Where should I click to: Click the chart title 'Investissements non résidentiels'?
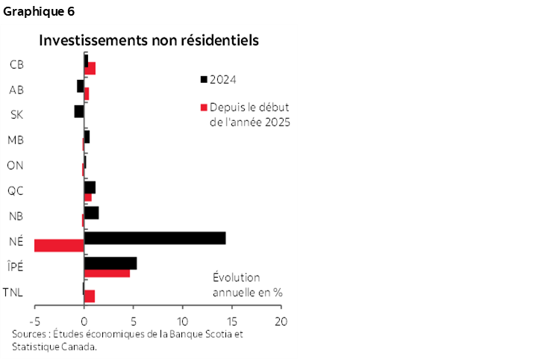tap(149, 40)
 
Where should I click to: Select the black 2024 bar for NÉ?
tap(154, 238)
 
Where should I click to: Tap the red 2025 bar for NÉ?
tap(59, 245)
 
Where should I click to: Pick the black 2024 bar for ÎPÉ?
tap(110, 263)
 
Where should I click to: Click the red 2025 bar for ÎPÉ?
tap(107, 273)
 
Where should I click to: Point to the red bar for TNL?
tap(90, 296)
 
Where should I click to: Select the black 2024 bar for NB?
tap(91, 213)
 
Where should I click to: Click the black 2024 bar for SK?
tap(79, 111)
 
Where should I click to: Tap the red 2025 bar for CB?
tap(90, 69)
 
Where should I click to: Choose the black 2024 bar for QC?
tap(90, 187)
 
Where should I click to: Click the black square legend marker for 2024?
tap(204, 78)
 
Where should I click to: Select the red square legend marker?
tap(204, 107)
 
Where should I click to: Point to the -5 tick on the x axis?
tap(34, 321)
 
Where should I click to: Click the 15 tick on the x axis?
tap(233, 321)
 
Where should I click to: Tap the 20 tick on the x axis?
tap(281, 321)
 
